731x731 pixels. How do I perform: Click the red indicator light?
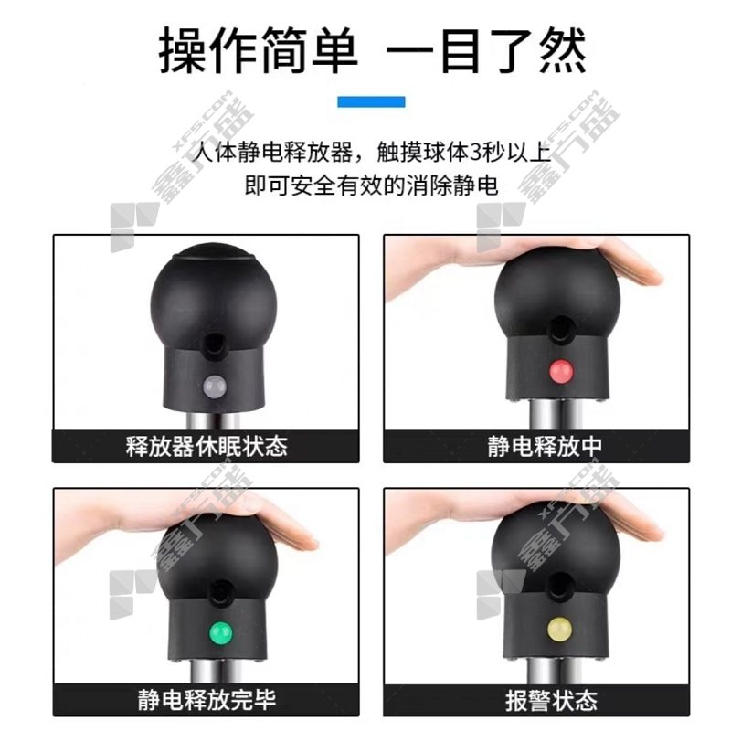[561, 372]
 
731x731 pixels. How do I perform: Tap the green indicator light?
[220, 632]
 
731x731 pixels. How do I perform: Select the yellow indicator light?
[560, 628]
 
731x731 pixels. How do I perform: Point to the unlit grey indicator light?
[215, 386]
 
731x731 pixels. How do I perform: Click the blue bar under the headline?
[371, 101]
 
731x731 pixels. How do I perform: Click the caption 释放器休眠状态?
[207, 446]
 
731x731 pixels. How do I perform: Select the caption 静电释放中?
[545, 446]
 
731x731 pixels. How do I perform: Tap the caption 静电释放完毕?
[207, 699]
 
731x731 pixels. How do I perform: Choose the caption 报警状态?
[552, 700]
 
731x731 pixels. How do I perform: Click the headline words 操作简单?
[258, 50]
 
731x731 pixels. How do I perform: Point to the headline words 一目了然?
[486, 50]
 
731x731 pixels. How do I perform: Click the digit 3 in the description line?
[475, 153]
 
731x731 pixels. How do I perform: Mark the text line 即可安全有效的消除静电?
[371, 185]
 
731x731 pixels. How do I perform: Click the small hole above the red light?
[560, 329]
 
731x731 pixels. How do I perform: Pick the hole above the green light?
[220, 592]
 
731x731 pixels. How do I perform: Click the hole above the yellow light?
[560, 587]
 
